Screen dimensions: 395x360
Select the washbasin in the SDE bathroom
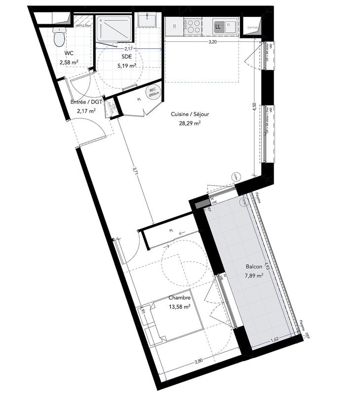click(x=147, y=21)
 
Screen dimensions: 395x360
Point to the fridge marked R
click(x=174, y=27)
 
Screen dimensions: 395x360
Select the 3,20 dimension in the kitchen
click(x=213, y=42)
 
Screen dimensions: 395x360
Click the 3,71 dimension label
click(x=135, y=171)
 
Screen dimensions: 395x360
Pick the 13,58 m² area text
click(x=179, y=306)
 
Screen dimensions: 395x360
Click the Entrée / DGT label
click(x=86, y=103)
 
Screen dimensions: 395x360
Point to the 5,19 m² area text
click(x=127, y=65)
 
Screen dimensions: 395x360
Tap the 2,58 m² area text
click(x=69, y=62)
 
